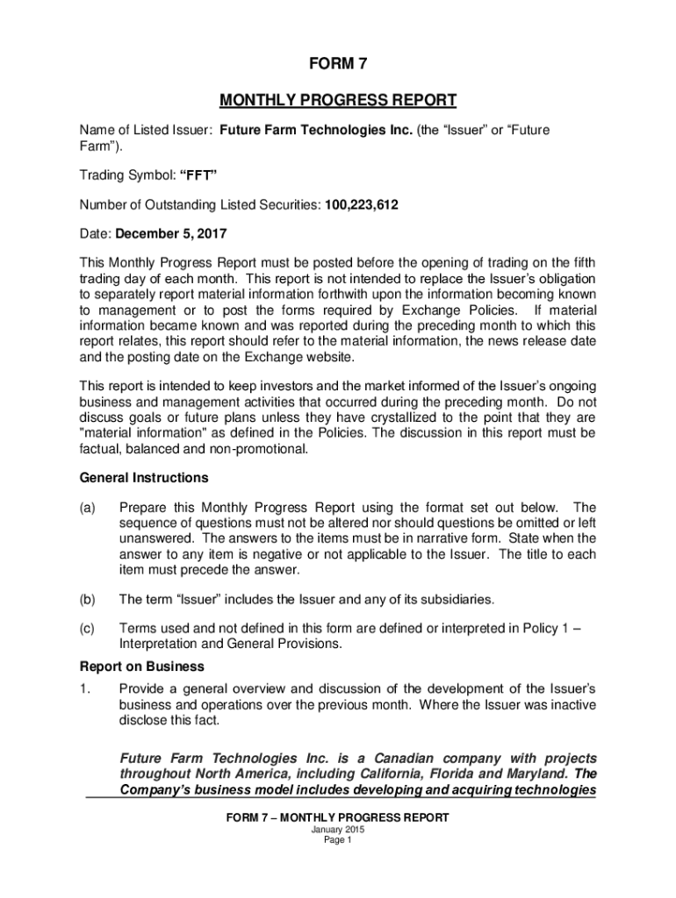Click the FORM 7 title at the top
click(338, 63)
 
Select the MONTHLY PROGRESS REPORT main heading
click(338, 99)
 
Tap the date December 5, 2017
click(171, 235)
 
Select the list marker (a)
click(87, 508)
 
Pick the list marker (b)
click(87, 600)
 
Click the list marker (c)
click(87, 629)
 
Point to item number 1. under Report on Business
click(84, 688)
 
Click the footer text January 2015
click(338, 829)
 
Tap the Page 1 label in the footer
click(338, 840)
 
